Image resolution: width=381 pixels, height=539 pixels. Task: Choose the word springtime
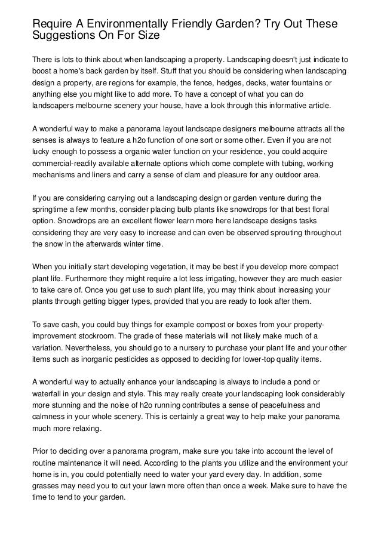53,211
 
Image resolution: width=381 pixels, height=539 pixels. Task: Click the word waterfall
48,393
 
